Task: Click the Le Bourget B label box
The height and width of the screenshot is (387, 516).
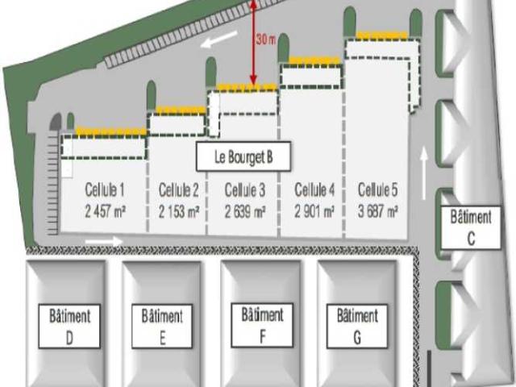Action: [x=243, y=156]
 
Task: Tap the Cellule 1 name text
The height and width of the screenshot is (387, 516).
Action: [x=105, y=189]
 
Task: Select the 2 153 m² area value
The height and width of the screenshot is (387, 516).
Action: [x=179, y=211]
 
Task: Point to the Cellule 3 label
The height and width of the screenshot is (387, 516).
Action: [x=245, y=190]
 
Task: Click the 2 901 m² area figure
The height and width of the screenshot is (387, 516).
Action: [x=314, y=211]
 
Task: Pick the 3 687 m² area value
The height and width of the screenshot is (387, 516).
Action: [x=378, y=211]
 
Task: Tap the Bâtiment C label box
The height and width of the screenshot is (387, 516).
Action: [x=471, y=227]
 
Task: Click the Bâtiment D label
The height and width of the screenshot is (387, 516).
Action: [x=69, y=326]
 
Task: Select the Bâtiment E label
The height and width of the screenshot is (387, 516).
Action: [x=162, y=326]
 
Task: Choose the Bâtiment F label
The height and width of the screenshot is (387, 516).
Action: [x=262, y=325]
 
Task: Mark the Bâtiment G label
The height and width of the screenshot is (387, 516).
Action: [x=357, y=326]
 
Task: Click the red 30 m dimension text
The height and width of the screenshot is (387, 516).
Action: [x=266, y=40]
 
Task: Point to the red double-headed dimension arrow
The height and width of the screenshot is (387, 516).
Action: [x=253, y=42]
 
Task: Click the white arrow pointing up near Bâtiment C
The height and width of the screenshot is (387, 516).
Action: [x=424, y=173]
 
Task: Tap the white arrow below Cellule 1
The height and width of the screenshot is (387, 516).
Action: [x=104, y=241]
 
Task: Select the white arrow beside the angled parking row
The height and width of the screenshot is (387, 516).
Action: [x=219, y=39]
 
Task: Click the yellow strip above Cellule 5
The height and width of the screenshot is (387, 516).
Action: [x=382, y=35]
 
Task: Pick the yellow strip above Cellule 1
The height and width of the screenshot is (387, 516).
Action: [x=111, y=131]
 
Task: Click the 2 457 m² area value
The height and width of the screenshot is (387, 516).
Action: [x=105, y=211]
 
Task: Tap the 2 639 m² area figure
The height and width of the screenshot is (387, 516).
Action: [x=245, y=212]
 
